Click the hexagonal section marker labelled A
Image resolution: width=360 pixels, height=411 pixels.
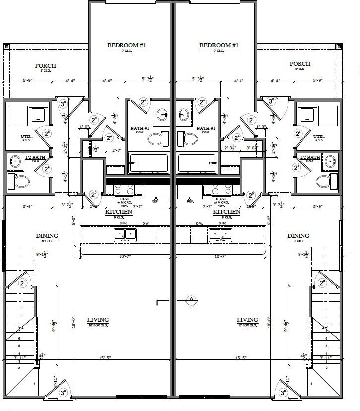tap(191, 298)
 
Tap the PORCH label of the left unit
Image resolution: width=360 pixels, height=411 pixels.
tap(45, 66)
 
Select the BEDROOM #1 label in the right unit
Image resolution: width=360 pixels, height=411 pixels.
tap(219, 46)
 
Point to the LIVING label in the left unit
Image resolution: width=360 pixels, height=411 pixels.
tap(98, 320)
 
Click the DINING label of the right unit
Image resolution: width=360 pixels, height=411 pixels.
tap(298, 236)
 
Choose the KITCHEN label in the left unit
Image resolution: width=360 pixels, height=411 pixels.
tap(119, 212)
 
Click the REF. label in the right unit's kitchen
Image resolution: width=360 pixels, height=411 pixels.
tap(191, 201)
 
